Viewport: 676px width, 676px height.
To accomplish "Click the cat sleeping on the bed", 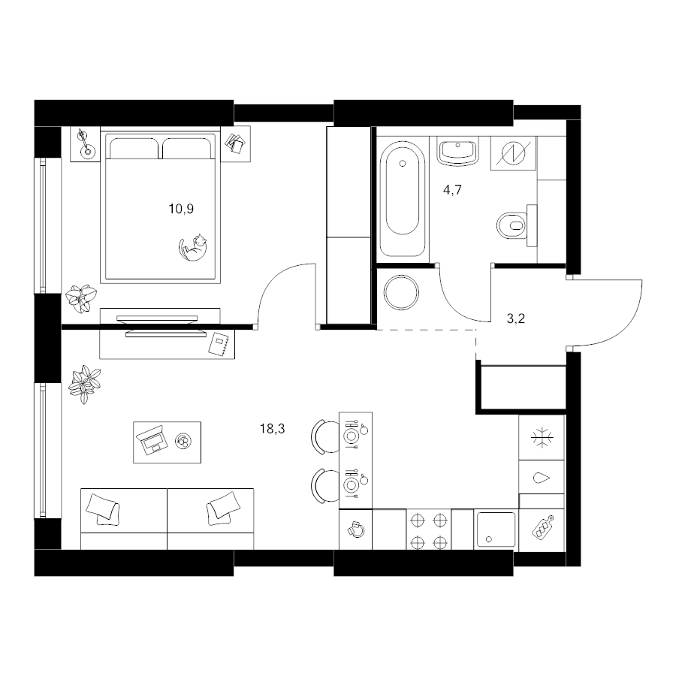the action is tap(193, 248).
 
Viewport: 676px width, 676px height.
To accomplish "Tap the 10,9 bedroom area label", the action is tap(181, 209).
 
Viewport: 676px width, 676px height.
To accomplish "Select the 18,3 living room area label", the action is tap(273, 429).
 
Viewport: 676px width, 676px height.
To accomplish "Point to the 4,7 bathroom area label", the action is tap(452, 190).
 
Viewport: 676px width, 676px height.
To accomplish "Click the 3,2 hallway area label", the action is tap(515, 318).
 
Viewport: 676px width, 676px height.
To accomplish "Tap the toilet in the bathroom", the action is tap(517, 225).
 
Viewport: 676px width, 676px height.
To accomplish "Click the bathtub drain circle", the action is tap(403, 164).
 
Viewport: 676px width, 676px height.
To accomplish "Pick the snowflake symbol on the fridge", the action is tap(542, 438).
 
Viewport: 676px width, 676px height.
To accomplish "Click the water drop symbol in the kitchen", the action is tap(542, 478).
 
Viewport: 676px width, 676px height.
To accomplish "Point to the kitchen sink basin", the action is tap(496, 530).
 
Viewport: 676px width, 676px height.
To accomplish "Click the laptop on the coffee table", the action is tap(152, 439).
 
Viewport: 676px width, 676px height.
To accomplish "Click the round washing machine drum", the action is tap(401, 292).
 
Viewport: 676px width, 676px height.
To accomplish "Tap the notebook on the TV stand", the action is tap(219, 343).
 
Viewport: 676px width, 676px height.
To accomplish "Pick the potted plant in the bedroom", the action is tap(80, 298).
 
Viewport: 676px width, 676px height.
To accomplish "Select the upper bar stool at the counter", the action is tap(324, 436).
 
